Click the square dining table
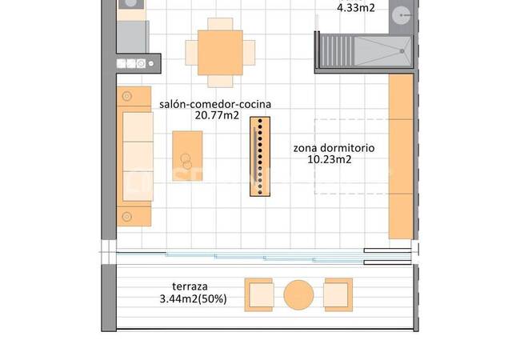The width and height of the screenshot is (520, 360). [220, 53]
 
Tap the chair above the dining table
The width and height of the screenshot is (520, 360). [220, 24]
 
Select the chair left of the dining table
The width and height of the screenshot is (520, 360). [192, 53]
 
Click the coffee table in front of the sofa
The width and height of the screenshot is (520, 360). [187, 156]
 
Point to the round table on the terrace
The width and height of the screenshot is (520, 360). [298, 295]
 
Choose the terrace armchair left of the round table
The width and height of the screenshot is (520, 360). [258, 294]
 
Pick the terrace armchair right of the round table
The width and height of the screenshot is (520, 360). [338, 294]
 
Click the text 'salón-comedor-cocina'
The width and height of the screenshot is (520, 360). [215, 104]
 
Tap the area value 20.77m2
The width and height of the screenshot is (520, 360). [217, 115]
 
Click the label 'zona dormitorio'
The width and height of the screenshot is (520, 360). [334, 148]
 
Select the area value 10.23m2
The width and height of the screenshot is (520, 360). [330, 159]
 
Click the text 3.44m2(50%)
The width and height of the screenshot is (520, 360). [194, 299]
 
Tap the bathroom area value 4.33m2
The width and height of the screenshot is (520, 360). [356, 8]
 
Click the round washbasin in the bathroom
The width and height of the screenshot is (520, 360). [402, 15]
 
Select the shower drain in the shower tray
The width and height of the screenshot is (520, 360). [402, 51]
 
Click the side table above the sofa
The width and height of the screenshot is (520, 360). [134, 96]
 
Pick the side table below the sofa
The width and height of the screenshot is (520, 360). [134, 217]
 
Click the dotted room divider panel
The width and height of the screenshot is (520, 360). [260, 157]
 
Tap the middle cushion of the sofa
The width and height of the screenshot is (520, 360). [138, 156]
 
